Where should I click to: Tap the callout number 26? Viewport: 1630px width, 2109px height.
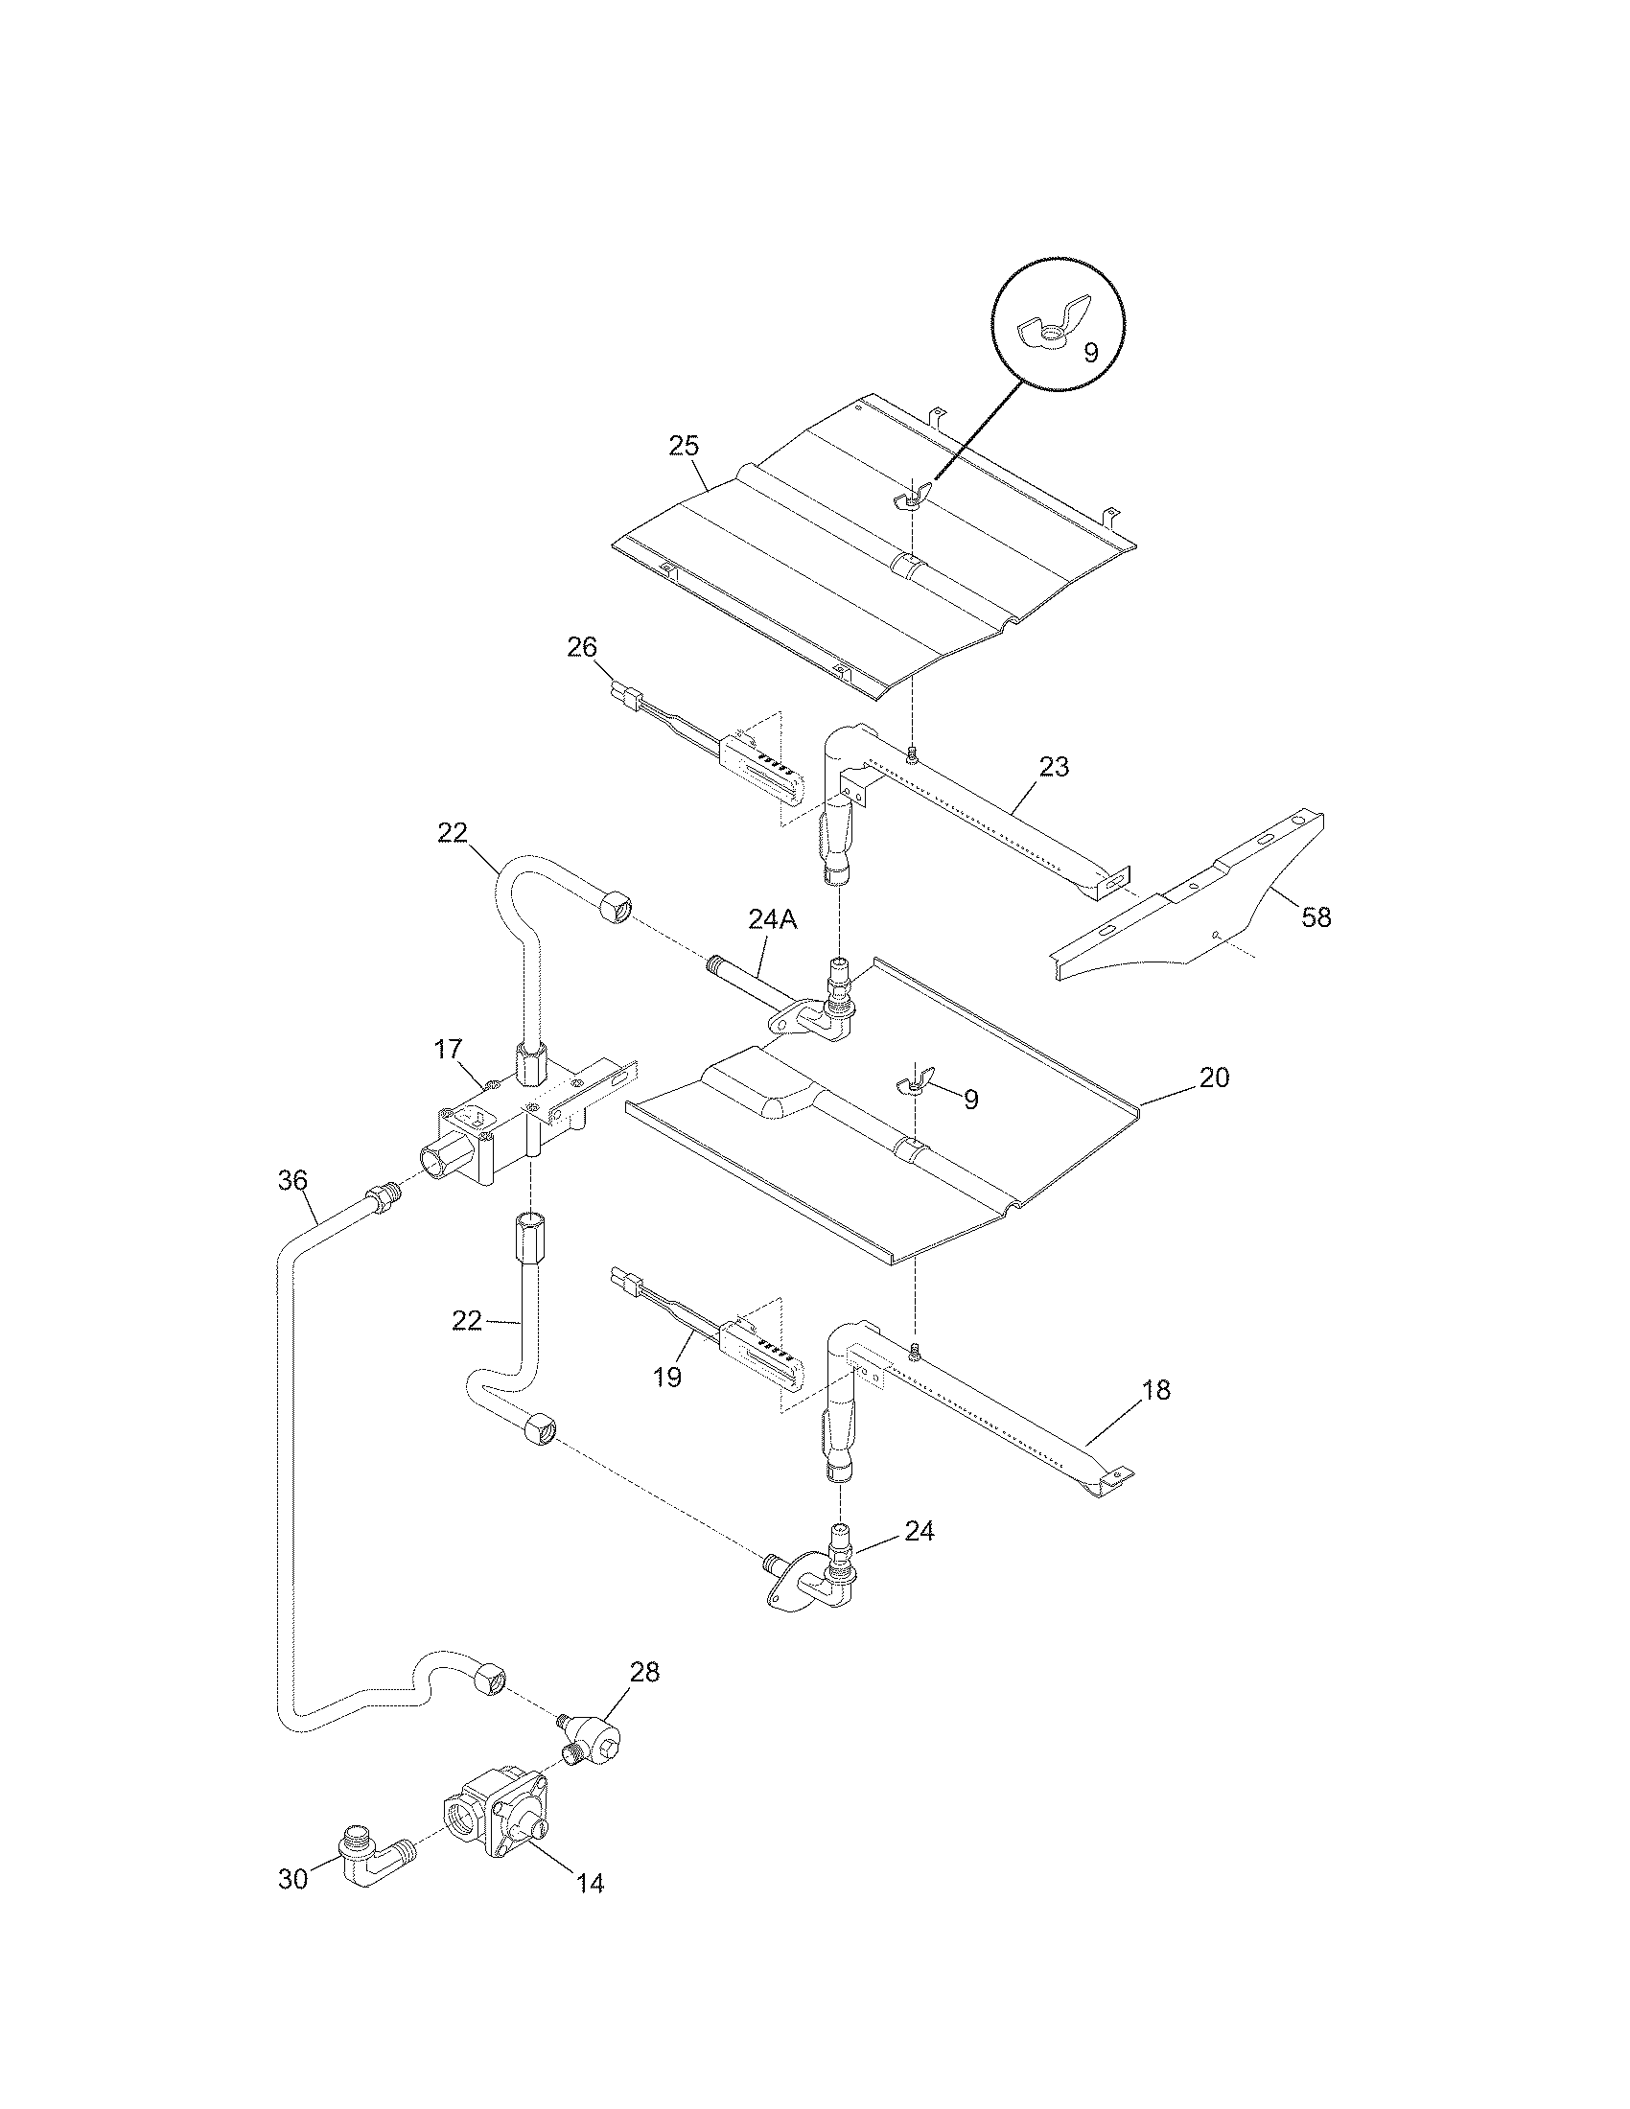coord(582,647)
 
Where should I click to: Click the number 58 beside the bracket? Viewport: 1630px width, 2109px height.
coord(1316,916)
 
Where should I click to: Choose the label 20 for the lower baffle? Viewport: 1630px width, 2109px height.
coord(1214,1078)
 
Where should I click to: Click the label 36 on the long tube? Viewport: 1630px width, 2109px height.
coord(293,1180)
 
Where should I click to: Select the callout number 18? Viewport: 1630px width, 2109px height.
coord(1156,1390)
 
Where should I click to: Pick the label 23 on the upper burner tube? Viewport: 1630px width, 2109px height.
coord(1055,767)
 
